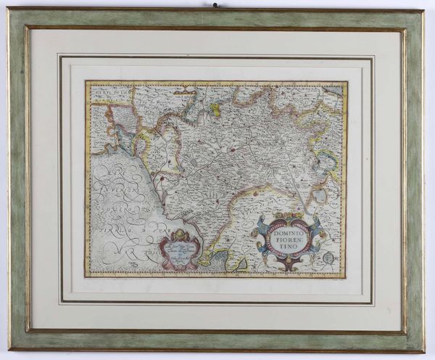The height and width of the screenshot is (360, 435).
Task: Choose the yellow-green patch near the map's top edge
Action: point(215,109)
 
